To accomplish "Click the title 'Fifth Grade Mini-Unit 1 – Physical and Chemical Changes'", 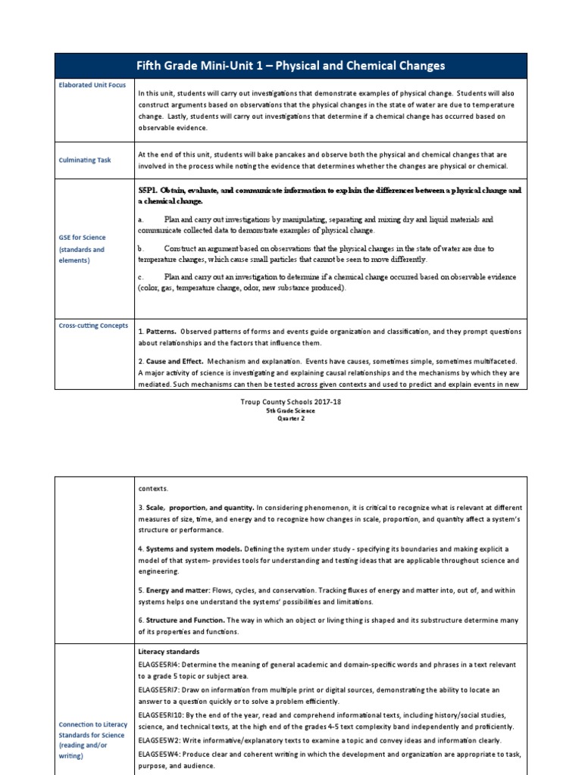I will coord(290,66).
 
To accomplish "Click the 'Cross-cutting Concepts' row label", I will coord(92,325).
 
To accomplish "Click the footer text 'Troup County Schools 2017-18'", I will coord(290,402).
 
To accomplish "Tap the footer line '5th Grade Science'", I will coord(290,410).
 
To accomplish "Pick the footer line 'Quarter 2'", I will coord(290,419).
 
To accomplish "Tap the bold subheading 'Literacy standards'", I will coord(168,651).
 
